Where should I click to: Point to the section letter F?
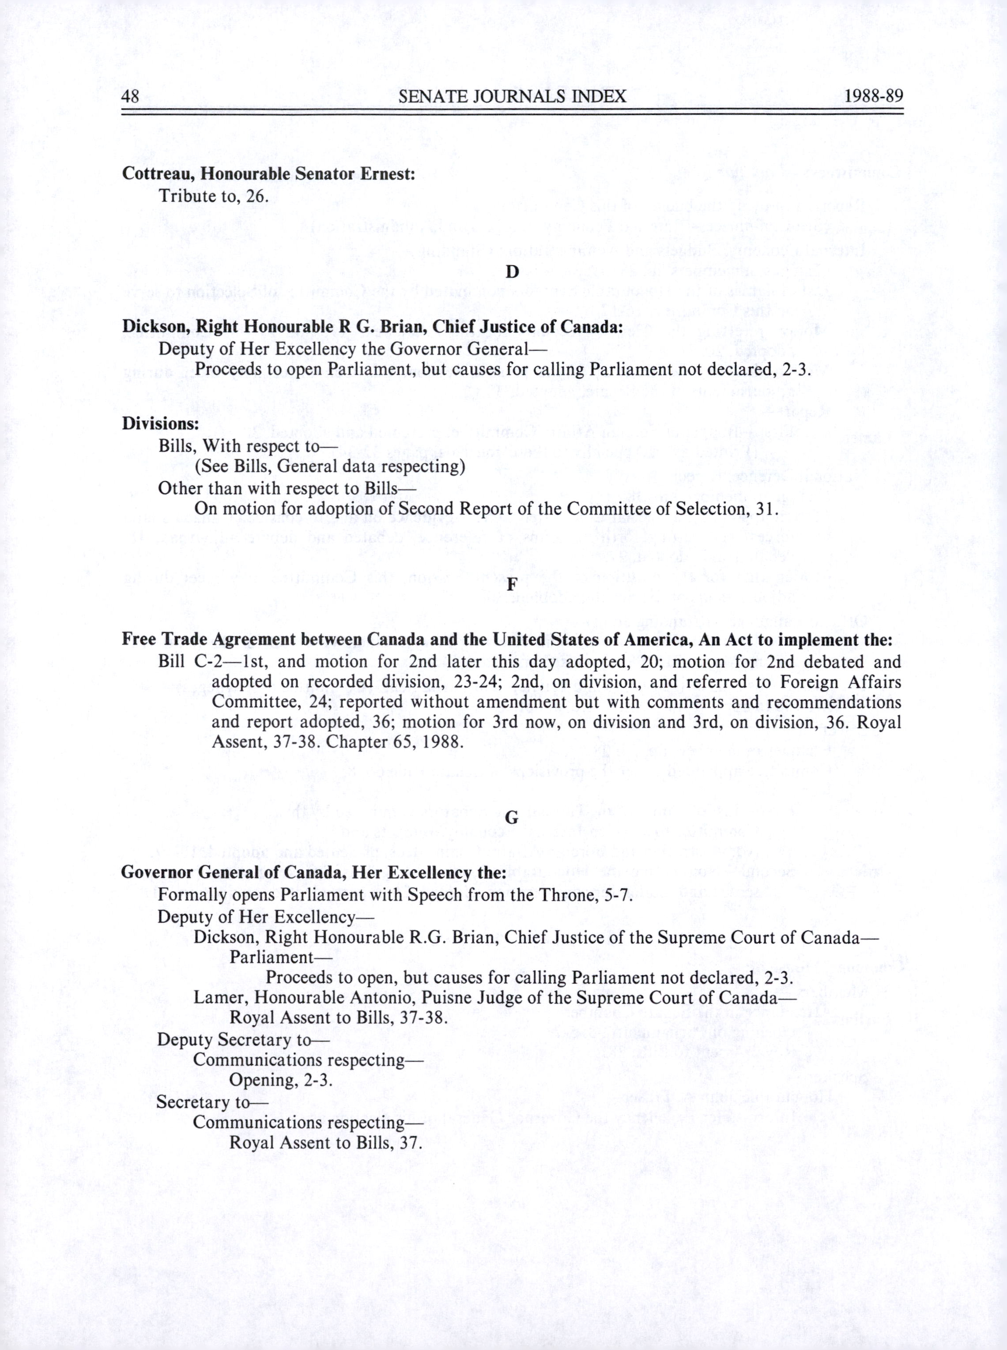512,583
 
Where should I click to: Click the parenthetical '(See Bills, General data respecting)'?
330,466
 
